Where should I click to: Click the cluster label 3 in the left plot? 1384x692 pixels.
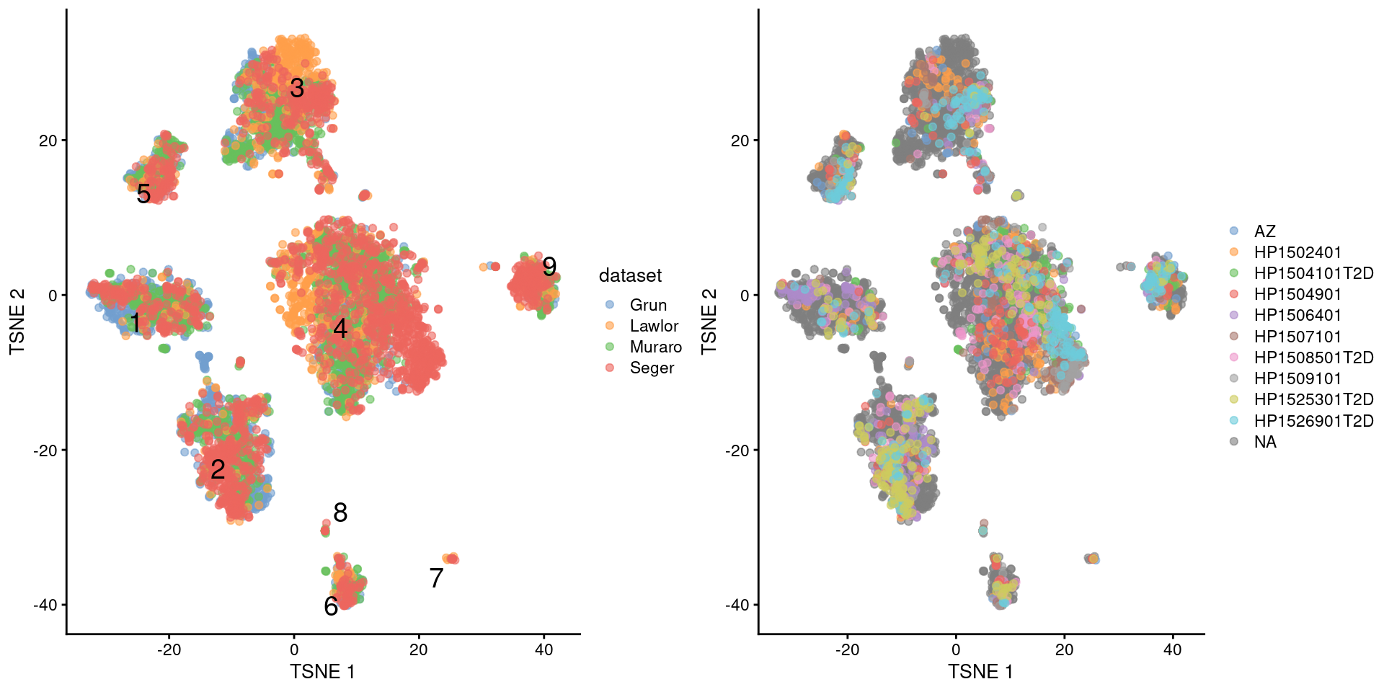pos(297,89)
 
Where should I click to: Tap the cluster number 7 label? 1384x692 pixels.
pos(436,578)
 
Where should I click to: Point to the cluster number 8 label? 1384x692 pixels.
pos(340,513)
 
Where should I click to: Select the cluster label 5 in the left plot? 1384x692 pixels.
pos(143,194)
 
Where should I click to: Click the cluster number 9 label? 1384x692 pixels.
pos(549,267)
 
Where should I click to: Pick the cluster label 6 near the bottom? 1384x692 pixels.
pos(331,607)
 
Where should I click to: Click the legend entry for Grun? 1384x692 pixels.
pos(648,305)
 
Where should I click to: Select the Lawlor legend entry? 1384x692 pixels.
pos(654,326)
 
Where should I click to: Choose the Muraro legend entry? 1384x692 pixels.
pos(655,347)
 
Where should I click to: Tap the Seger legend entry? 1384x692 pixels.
pos(652,368)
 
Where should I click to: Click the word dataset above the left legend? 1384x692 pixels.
pos(630,275)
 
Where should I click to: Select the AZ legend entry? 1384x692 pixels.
pos(1264,231)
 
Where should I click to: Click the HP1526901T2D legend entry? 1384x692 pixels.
pos(1313,421)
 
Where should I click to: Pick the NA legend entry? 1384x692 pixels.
pos(1265,442)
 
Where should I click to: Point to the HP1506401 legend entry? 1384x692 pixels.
pos(1297,315)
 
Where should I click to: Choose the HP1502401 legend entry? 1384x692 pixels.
pos(1297,252)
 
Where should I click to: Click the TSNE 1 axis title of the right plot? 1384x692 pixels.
pos(980,672)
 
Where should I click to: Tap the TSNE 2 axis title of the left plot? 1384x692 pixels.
pos(17,321)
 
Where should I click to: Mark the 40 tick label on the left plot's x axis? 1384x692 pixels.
pos(544,650)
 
